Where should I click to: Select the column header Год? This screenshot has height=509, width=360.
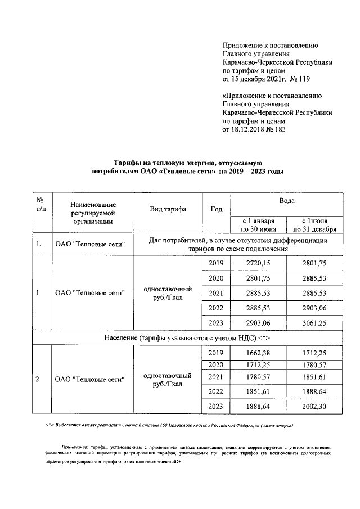(x=216, y=209)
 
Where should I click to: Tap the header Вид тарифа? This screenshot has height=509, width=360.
(x=168, y=209)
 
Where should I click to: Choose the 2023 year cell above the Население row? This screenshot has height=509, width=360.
(x=215, y=322)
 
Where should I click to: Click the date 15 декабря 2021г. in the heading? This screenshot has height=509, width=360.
(x=260, y=80)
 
